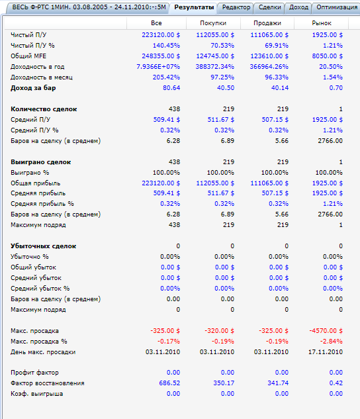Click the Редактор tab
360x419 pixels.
pos(236,7)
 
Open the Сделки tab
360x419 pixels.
pos(270,7)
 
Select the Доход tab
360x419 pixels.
pos(298,7)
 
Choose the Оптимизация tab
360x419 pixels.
pos(337,7)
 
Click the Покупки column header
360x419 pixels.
pos(213,23)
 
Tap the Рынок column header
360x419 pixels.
pos(322,23)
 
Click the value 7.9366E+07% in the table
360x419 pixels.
pos(158,67)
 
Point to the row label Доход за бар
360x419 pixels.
pos(33,88)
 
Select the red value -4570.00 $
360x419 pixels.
pos(326,331)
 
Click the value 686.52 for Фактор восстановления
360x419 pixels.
pos(169,383)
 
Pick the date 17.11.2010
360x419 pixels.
pos(326,352)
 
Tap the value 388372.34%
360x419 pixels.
pos(214,67)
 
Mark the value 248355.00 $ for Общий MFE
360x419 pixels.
pos(161,56)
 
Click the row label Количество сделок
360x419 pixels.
pos(44,109)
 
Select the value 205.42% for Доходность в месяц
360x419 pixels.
pos(166,77)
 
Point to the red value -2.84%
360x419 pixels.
pos(331,342)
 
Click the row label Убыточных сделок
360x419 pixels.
pos(43,246)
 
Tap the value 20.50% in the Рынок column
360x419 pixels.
pos(331,67)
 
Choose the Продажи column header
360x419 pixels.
pos(267,23)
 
